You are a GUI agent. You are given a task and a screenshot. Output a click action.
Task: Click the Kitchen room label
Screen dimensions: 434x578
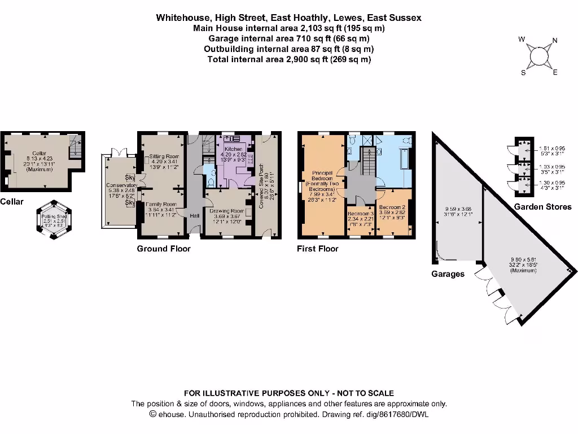233,149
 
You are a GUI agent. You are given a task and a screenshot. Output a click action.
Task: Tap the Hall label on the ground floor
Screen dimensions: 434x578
194,216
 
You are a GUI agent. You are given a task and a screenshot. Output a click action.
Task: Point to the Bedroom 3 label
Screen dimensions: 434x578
361,214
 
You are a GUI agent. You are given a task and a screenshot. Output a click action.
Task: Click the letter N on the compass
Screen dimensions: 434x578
554,40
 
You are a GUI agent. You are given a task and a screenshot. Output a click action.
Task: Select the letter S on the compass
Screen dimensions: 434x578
523,73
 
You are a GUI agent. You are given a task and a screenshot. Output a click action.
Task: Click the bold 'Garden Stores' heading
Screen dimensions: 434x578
542,207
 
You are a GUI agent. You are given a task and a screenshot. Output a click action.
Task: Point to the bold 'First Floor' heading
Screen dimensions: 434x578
318,249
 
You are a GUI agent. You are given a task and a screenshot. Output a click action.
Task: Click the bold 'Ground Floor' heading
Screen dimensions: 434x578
164,249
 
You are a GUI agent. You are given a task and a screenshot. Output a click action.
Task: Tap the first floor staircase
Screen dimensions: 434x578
367,160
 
